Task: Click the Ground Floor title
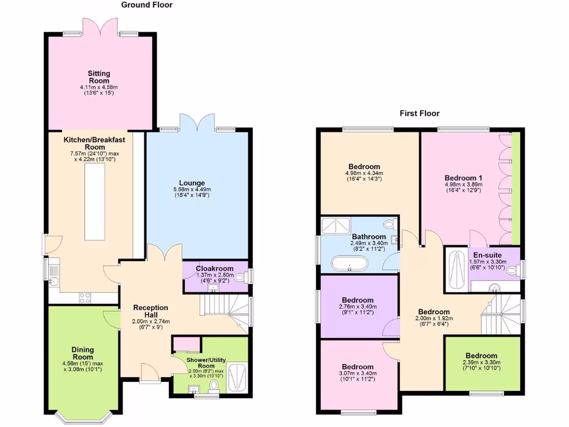(x=147, y=5)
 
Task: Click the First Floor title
(x=420, y=113)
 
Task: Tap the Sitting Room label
(x=99, y=77)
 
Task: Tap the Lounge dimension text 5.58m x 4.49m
(x=192, y=190)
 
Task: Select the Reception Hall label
(x=150, y=311)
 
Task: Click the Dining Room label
(x=83, y=354)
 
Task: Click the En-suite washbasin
(x=495, y=286)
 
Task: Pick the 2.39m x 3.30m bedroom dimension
(x=482, y=363)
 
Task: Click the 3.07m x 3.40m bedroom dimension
(x=357, y=374)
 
